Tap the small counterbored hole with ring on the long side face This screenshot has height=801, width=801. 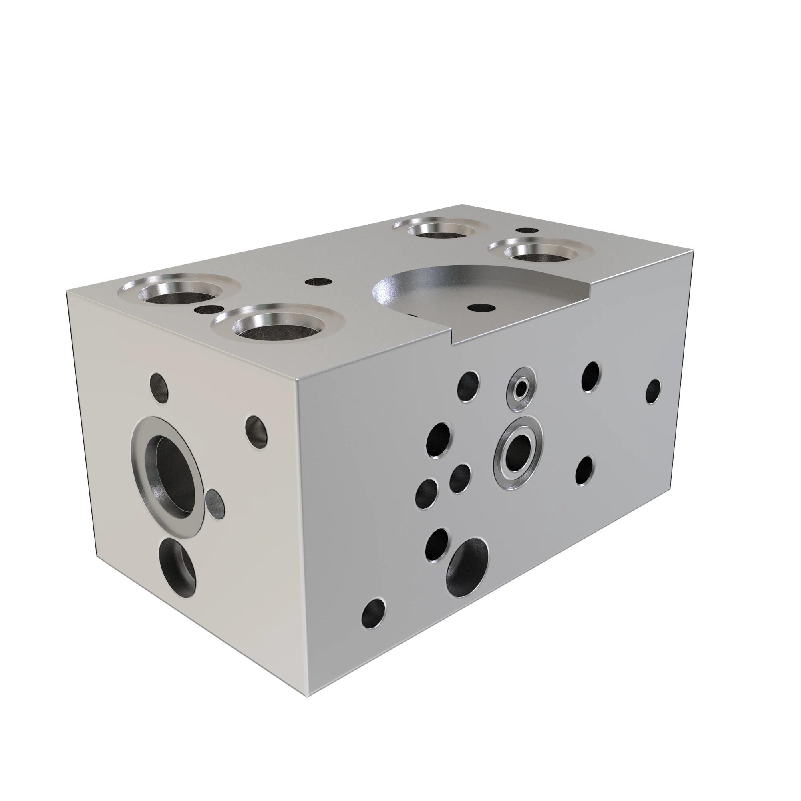click(521, 388)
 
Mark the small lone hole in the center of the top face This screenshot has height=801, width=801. click(318, 282)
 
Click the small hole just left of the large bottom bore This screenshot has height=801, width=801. click(437, 544)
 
